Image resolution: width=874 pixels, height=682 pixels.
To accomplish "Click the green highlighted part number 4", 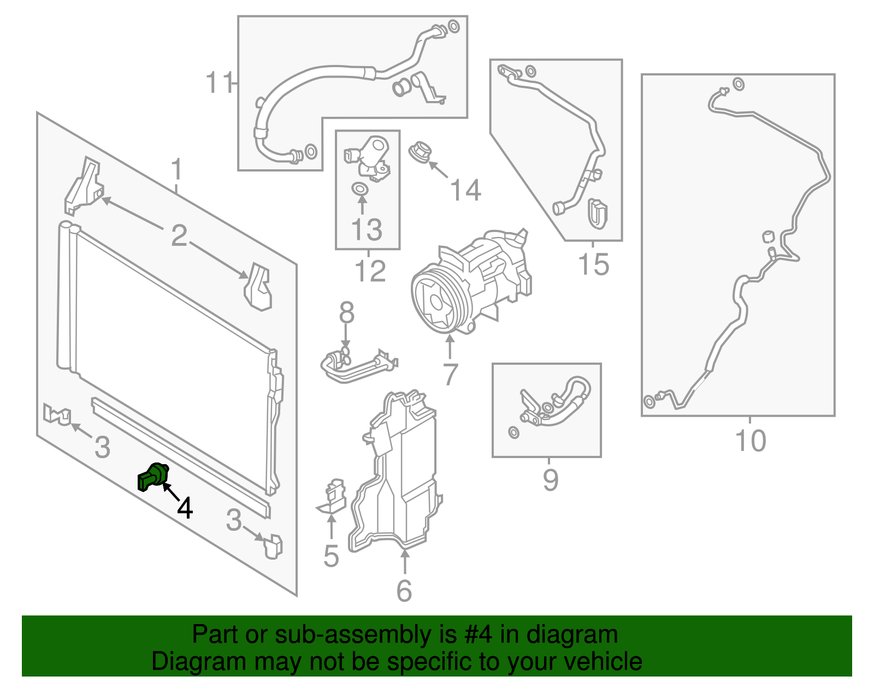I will point(152,476).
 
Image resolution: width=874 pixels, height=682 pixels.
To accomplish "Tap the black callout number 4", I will point(185,508).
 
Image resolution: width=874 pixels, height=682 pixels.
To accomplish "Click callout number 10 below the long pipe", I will point(751,441).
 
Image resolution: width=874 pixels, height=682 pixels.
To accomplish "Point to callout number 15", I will point(593,265).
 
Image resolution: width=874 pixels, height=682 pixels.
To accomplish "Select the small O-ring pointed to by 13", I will point(359,189).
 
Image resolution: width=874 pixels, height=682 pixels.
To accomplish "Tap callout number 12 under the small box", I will point(370,271).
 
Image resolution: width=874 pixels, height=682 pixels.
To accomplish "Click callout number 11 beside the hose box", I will point(218,84).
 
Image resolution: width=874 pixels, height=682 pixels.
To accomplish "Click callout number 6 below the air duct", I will point(404,591).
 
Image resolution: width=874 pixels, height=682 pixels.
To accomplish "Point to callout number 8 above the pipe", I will point(346,313).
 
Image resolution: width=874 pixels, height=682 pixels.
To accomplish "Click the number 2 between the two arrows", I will point(179,236).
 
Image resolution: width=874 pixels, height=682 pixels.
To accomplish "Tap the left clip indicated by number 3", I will point(57,414).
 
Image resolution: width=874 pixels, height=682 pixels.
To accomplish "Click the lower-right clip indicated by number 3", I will point(273,546).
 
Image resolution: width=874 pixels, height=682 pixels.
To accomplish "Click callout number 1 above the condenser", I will point(176,170).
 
